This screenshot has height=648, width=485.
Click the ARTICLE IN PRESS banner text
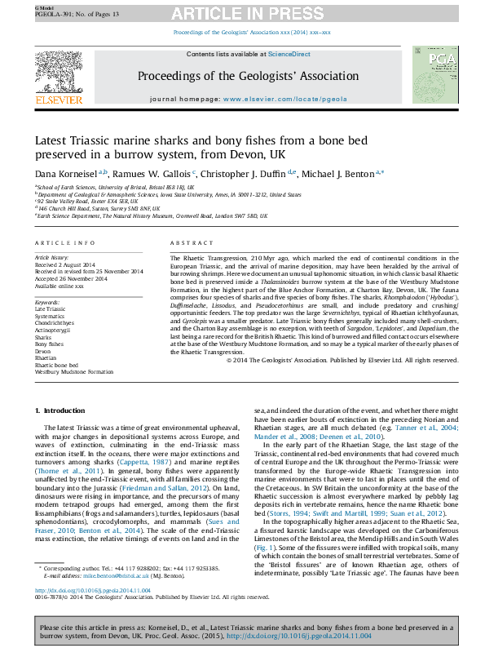pos(253,13)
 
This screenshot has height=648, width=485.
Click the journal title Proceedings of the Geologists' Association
pos(241,76)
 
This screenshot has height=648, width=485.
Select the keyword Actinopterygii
pos(53,329)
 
